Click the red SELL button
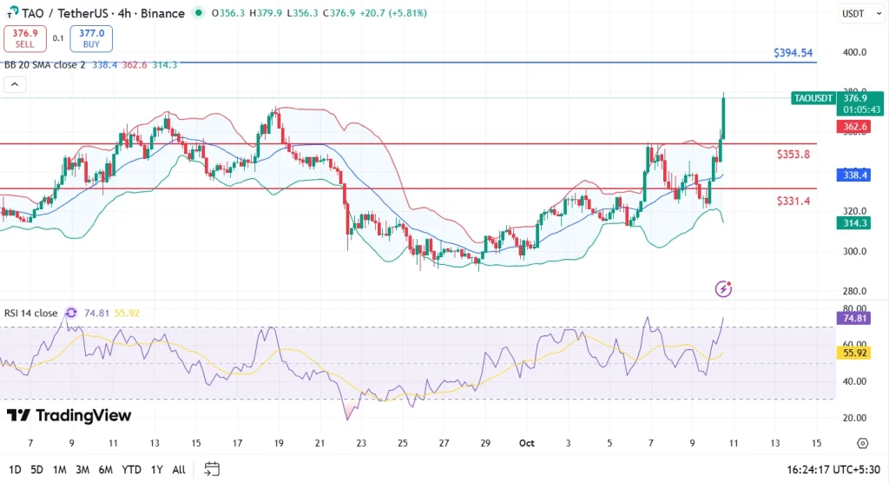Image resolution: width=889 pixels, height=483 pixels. tap(24, 38)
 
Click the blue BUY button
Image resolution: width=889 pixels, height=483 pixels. tap(92, 38)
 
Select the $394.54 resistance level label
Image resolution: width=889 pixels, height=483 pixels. tap(793, 53)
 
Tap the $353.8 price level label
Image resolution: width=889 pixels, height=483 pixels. tap(794, 155)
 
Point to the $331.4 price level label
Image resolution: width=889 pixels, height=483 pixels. tap(794, 201)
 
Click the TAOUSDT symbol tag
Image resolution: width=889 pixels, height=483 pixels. tap(813, 98)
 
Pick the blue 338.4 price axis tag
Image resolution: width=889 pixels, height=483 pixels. tap(856, 175)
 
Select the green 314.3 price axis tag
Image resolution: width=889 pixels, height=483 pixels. tap(856, 223)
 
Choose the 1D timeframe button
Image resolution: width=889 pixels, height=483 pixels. tap(14, 470)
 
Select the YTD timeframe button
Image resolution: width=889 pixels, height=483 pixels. tap(130, 470)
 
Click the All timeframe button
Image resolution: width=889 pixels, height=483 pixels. tap(178, 470)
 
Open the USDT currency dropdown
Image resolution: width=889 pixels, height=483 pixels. tap(855, 14)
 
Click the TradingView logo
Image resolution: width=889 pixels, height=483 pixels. tap(69, 416)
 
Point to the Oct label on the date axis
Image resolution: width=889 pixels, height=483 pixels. tap(526, 443)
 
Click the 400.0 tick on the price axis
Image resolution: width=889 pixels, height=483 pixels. tap(855, 52)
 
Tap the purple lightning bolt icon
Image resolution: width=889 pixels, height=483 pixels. tap(723, 288)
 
